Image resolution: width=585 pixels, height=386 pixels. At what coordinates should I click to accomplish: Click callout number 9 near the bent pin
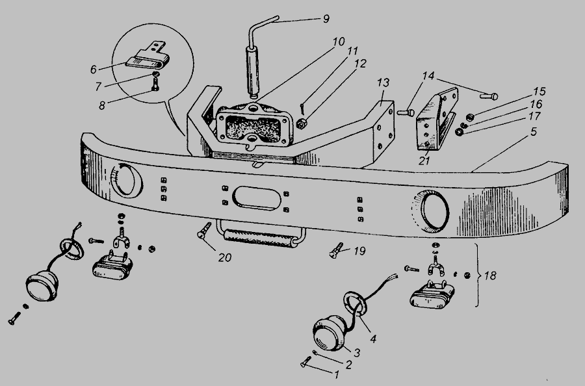tap(326, 19)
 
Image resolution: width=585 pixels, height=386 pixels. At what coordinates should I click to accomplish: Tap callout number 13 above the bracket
tap(383, 83)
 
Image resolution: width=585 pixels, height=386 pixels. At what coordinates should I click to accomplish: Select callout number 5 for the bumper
tap(534, 132)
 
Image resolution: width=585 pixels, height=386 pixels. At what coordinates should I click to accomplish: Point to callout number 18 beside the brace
tap(490, 276)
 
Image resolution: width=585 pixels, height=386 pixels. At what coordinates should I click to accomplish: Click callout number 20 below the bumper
tap(225, 257)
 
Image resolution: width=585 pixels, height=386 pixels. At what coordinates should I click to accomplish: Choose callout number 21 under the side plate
tap(424, 161)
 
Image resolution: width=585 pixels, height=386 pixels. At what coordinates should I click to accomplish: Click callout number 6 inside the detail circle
tap(93, 70)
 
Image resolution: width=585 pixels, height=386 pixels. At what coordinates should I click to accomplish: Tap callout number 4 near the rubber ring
tap(373, 339)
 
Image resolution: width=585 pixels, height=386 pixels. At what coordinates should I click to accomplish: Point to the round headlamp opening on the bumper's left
tap(127, 179)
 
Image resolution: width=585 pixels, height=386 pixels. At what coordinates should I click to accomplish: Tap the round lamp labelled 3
tap(330, 334)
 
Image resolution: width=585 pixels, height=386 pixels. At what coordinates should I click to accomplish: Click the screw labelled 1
tap(305, 361)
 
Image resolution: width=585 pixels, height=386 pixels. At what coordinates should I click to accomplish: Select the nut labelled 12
tap(302, 123)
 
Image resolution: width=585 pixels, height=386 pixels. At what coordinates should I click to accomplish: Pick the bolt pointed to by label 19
tap(336, 250)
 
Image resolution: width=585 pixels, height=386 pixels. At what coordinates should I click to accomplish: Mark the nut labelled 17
tap(460, 132)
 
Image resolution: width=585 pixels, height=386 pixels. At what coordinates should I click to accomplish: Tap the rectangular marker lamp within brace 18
tap(432, 295)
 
